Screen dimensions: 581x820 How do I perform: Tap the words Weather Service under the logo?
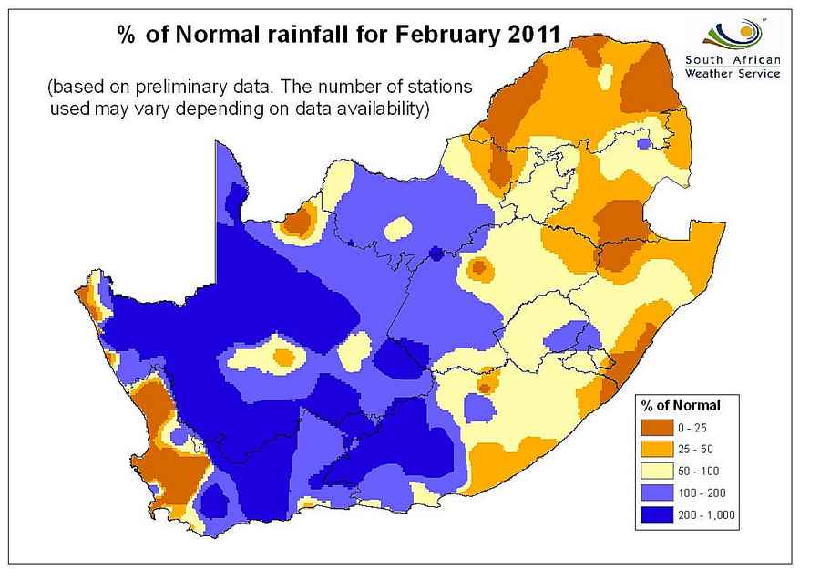733,74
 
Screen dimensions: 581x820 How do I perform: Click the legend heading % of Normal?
680,405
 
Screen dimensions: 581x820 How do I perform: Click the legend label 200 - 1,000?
704,515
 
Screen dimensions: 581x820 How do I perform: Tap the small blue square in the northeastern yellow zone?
644,143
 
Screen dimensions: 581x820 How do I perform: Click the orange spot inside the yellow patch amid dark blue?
283,355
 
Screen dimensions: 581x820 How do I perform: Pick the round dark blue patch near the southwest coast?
216,500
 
